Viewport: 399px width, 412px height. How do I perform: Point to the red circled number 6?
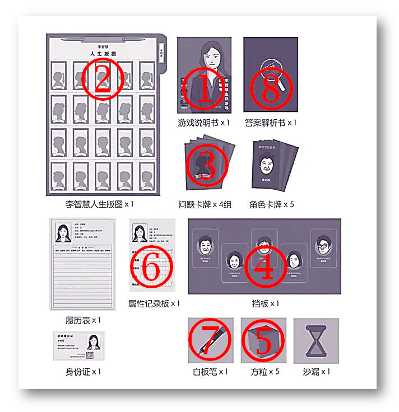click(150, 268)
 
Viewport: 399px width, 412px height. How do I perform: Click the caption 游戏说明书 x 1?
click(204, 122)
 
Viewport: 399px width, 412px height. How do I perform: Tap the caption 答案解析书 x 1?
click(271, 122)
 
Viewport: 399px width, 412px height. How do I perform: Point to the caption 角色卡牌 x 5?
click(272, 204)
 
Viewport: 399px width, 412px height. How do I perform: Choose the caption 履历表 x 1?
click(83, 320)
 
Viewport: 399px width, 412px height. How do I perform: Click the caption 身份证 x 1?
click(83, 371)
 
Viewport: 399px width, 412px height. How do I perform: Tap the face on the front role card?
click(268, 165)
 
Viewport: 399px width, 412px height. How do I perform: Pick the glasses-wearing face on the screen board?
click(322, 245)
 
